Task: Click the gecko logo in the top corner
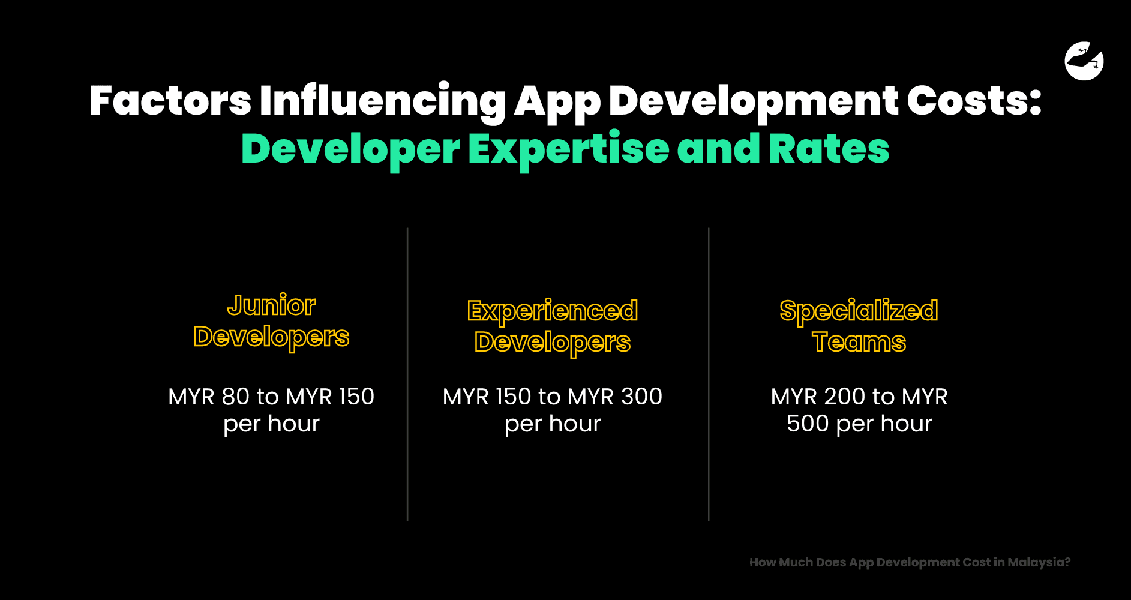(x=1084, y=61)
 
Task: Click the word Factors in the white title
(x=170, y=100)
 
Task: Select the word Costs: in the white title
(x=974, y=100)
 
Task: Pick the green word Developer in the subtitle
(x=350, y=150)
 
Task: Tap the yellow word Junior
(x=271, y=305)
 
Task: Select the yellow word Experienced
(x=552, y=311)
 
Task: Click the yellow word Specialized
(x=859, y=311)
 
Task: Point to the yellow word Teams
(x=859, y=342)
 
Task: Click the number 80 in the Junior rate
(x=235, y=397)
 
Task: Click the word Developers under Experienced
(x=552, y=343)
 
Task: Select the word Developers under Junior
(x=271, y=337)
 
